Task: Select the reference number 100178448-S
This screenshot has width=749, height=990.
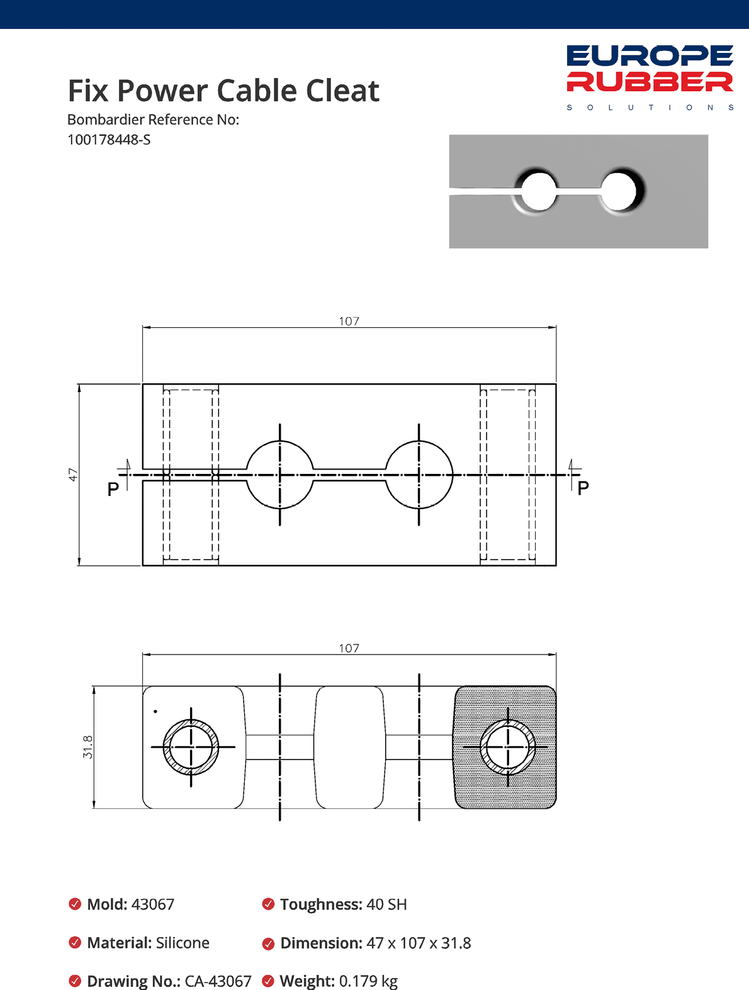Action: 109,140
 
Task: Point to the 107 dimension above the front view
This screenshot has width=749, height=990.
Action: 349,321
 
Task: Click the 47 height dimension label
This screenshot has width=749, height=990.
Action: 73,475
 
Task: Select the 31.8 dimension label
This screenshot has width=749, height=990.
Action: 87,746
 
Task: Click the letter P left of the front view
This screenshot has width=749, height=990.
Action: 113,489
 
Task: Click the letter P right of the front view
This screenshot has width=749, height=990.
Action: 583,488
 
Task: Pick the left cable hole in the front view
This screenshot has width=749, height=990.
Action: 279,475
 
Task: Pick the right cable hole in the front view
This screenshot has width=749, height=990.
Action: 419,475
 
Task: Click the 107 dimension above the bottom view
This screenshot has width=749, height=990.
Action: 349,648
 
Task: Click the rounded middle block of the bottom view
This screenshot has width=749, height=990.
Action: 349,747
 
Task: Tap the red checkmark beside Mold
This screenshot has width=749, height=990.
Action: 75,904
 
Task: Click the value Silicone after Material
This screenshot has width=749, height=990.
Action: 183,943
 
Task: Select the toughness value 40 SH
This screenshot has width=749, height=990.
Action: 386,904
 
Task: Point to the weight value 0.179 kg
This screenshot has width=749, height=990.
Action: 368,981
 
